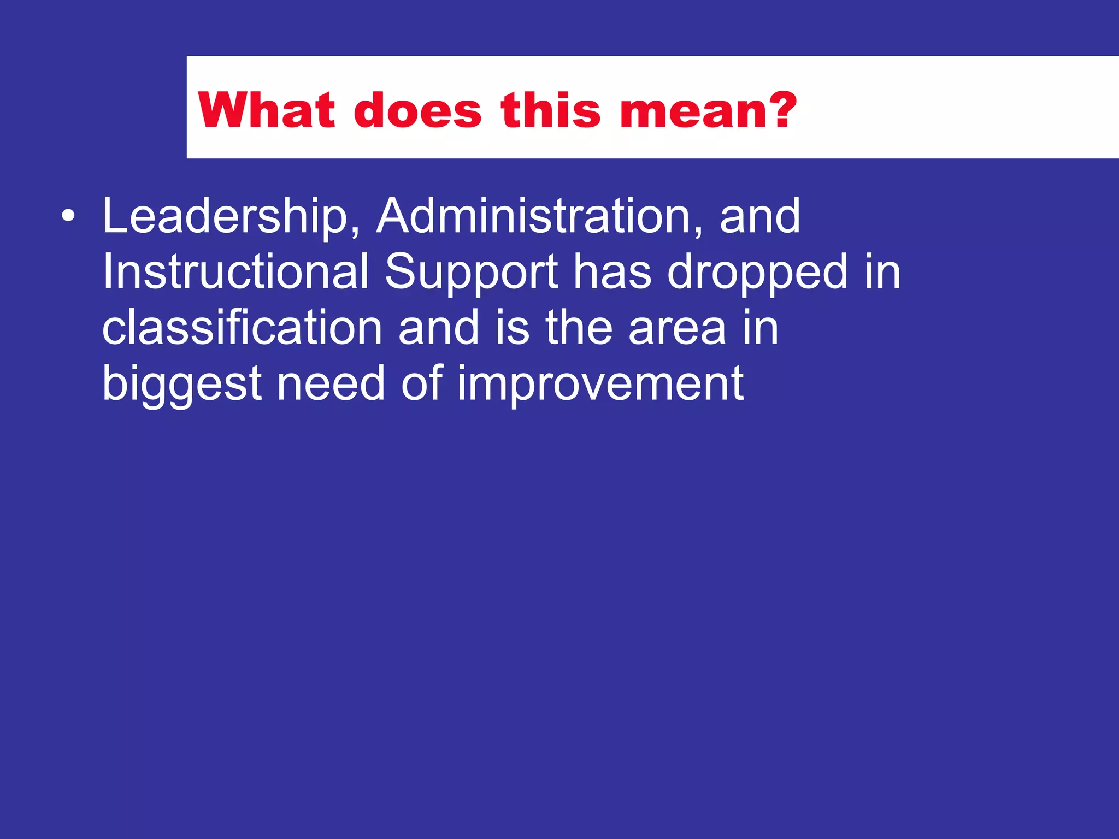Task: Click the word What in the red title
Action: pos(266,111)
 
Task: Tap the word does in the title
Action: pos(418,111)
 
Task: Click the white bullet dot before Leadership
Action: pos(68,216)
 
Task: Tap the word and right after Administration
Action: pos(760,216)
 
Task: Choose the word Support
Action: pos(472,273)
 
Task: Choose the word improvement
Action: pos(600,385)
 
